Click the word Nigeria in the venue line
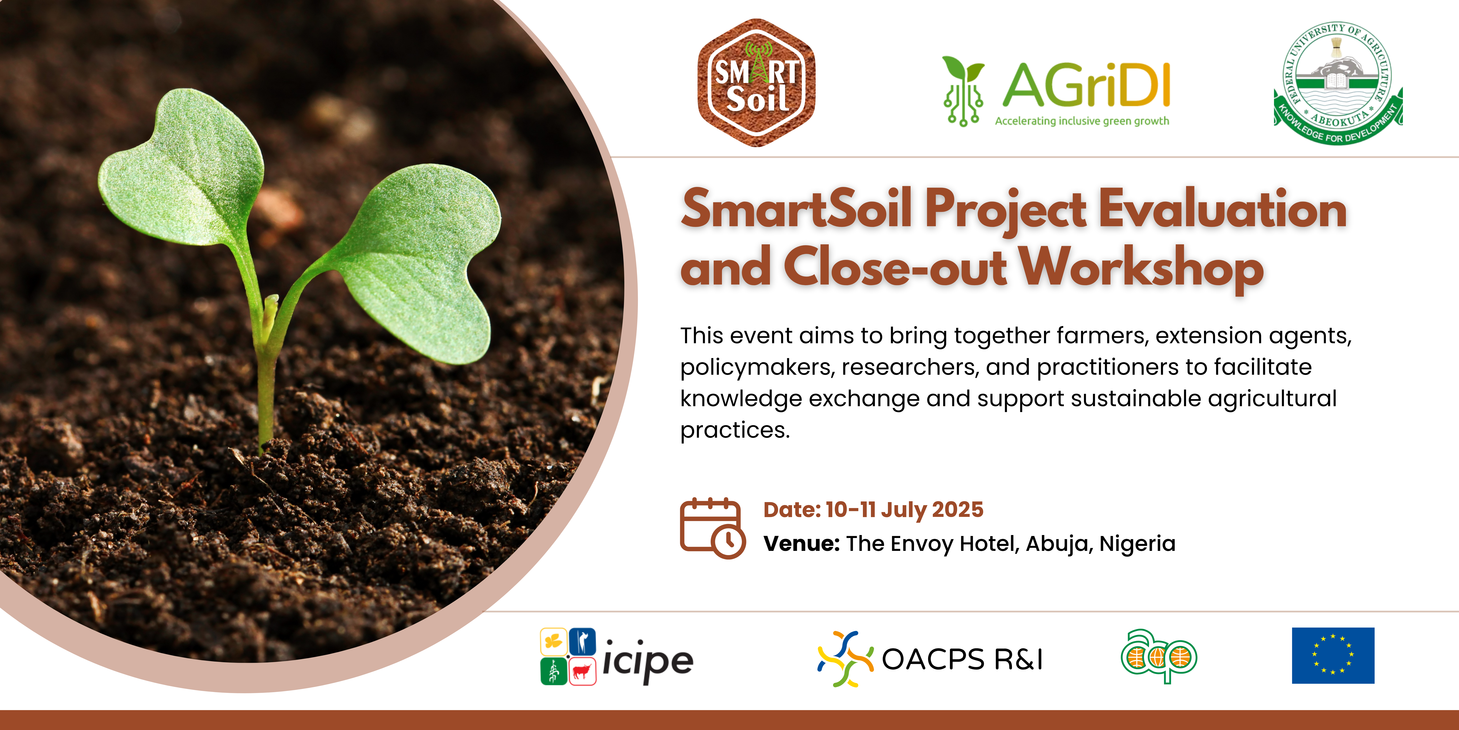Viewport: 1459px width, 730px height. coord(1137,543)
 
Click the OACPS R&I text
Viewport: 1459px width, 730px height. coord(962,659)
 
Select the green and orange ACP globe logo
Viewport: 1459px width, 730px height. coord(1158,656)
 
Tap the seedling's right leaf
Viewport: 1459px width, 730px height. coord(419,255)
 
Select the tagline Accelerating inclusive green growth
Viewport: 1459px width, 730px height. coord(1082,121)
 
